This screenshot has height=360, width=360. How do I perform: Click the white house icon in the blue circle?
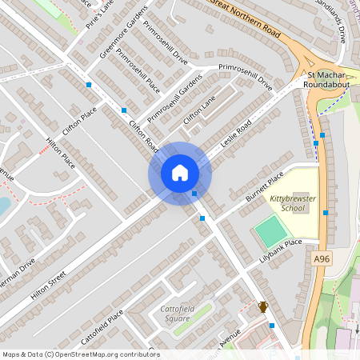tap(179, 173)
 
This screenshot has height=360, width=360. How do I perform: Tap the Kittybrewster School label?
tap(287, 202)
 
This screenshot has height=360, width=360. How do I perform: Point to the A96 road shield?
tap(322, 259)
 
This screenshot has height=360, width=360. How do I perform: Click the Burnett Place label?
tap(264, 187)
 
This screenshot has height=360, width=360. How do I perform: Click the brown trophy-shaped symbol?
tap(262, 306)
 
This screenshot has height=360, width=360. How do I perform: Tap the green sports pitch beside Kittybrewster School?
tap(270, 232)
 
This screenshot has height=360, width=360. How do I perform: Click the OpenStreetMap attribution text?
tap(80, 354)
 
